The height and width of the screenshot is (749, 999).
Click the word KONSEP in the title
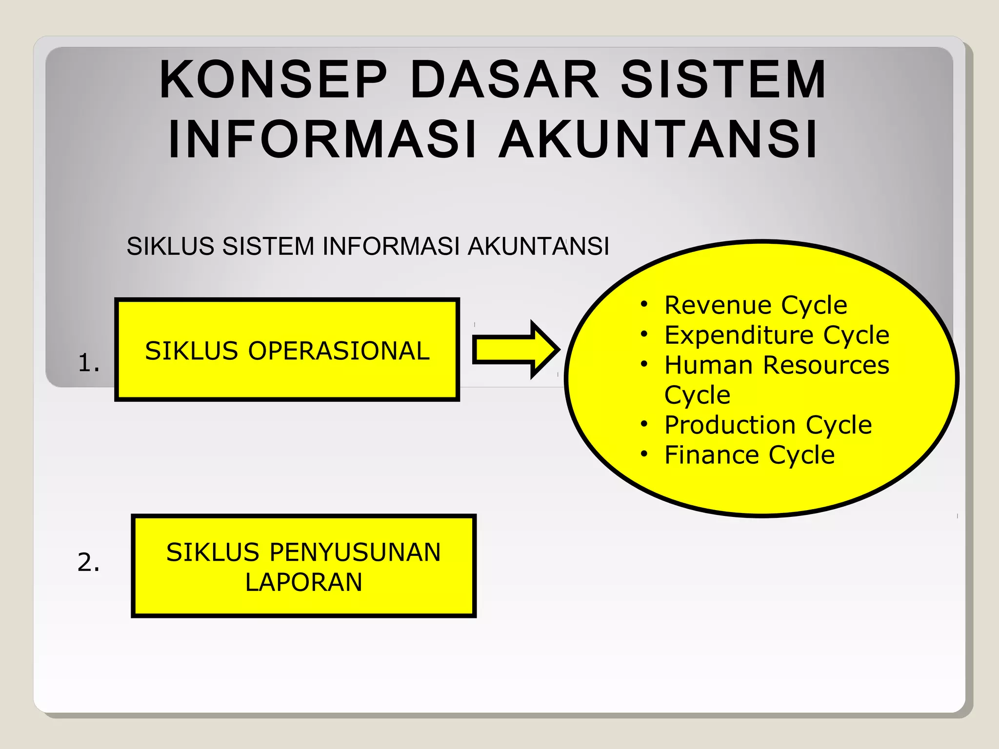pyautogui.click(x=273, y=79)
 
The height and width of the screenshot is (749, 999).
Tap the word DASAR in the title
pyautogui.click(x=504, y=79)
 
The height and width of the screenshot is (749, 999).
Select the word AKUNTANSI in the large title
pyautogui.click(x=659, y=140)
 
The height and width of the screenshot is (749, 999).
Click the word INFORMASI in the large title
pyautogui.click(x=322, y=140)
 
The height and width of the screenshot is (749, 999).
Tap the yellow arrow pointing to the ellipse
pyautogui.click(x=515, y=350)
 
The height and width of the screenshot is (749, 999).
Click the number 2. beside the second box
pyautogui.click(x=89, y=562)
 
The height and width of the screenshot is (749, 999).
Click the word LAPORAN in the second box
pyautogui.click(x=303, y=582)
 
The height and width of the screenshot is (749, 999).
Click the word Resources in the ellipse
pyautogui.click(x=826, y=365)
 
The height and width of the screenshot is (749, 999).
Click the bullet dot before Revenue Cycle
pyautogui.click(x=644, y=305)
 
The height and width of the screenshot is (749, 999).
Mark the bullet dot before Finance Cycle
pyautogui.click(x=644, y=454)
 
